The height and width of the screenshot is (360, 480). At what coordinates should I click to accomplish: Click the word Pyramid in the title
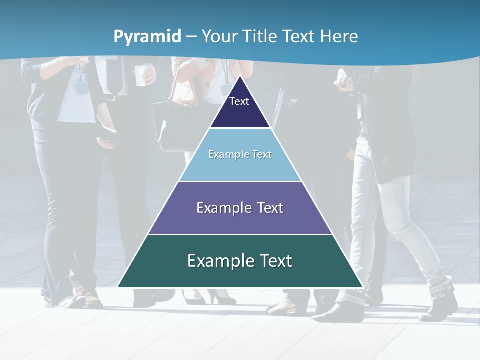coord(147,36)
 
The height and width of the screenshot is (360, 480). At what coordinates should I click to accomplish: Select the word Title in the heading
coord(260,36)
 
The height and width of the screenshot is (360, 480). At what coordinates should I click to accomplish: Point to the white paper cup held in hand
coord(141,75)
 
